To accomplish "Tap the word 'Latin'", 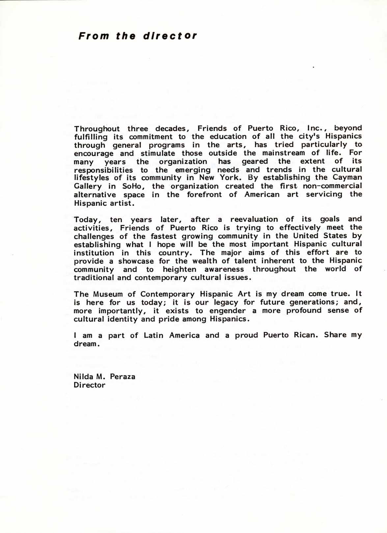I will (x=153, y=336).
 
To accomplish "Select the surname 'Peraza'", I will (x=123, y=376).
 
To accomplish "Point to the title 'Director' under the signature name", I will (x=90, y=385).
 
